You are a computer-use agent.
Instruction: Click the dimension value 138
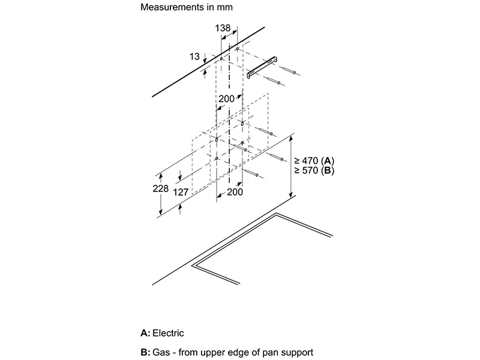[x=223, y=28]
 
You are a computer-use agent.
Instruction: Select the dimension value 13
[x=194, y=57]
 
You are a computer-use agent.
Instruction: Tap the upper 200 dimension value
[x=226, y=99]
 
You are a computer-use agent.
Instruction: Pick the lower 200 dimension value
[x=235, y=193]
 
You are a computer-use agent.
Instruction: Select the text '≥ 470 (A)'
[x=314, y=161]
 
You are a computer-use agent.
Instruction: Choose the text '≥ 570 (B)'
[x=314, y=171]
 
